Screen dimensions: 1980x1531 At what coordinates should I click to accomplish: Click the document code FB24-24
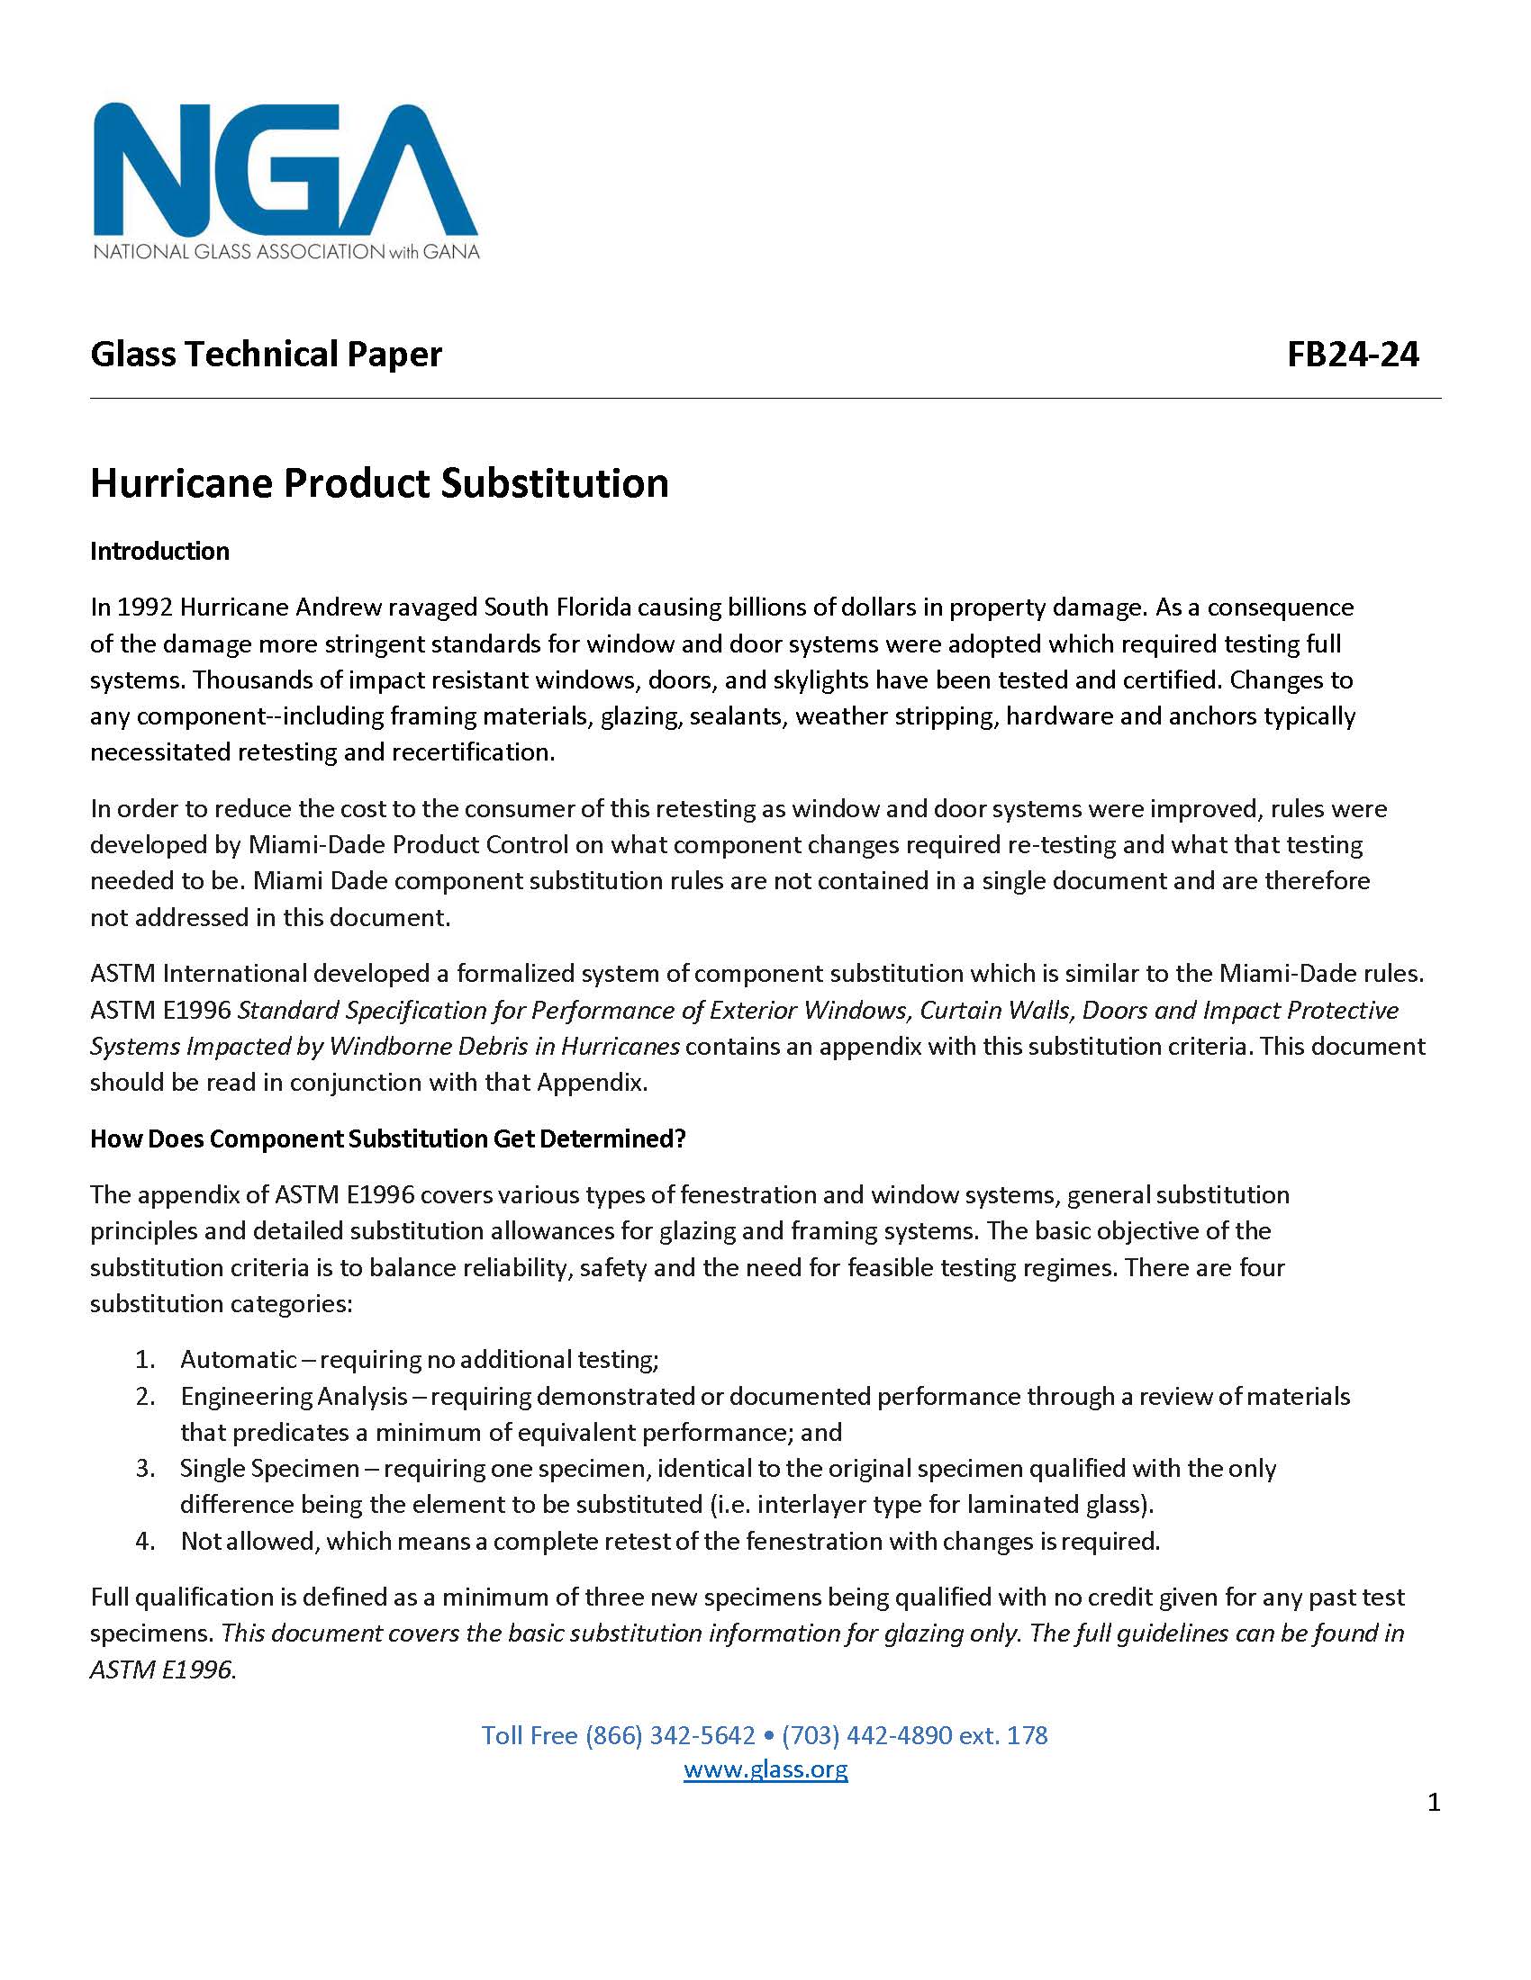pos(1353,355)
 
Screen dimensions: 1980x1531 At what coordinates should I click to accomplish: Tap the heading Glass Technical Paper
pos(266,355)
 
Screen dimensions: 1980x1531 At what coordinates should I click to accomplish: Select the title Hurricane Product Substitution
pos(379,483)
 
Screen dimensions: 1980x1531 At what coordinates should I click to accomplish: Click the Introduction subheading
pos(159,551)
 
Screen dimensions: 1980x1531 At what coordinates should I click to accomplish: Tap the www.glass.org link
pos(765,1768)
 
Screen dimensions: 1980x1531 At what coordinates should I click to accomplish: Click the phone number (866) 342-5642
pos(670,1735)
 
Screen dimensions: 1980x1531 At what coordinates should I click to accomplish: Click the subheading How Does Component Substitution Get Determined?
pos(387,1138)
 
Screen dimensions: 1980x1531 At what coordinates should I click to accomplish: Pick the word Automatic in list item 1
pos(239,1359)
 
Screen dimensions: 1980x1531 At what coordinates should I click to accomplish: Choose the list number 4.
pos(145,1541)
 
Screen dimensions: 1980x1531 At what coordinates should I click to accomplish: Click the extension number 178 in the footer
pos(1027,1735)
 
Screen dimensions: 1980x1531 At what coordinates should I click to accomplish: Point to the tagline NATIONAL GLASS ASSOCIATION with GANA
pos(285,251)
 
